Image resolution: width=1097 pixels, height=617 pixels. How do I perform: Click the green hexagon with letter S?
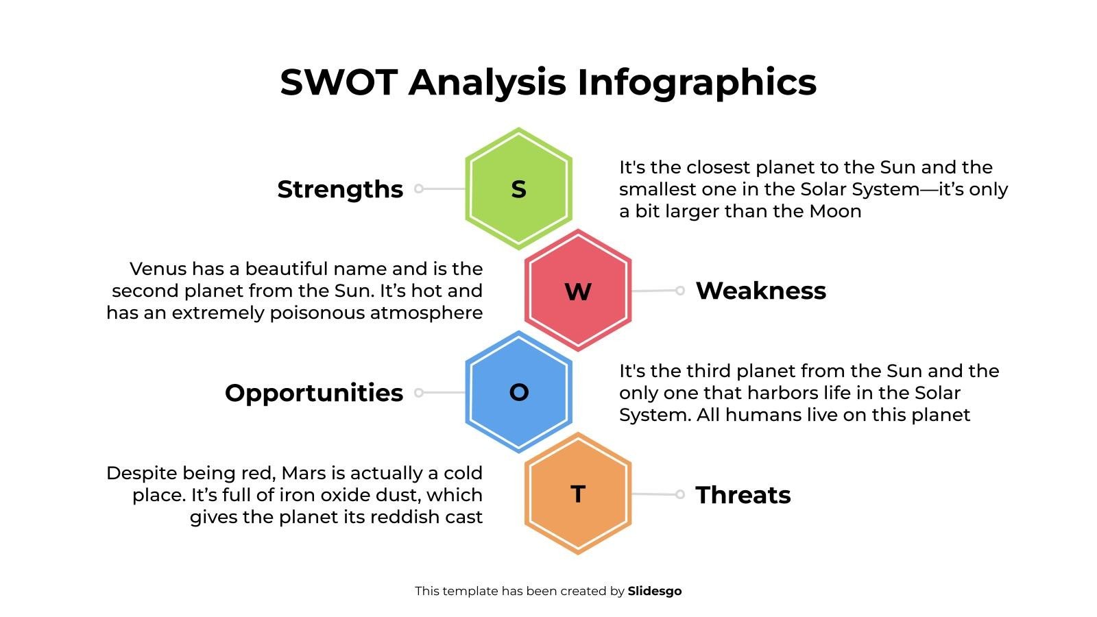pyautogui.click(x=518, y=189)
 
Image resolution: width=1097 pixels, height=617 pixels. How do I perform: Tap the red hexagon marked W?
pyautogui.click(x=578, y=291)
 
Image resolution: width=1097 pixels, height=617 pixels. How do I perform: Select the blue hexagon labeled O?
pyautogui.click(x=518, y=392)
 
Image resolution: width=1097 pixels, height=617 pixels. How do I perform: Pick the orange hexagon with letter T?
pyautogui.click(x=578, y=494)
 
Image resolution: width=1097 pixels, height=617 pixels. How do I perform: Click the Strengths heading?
pyautogui.click(x=340, y=189)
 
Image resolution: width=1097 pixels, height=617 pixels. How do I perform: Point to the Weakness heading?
pyautogui.click(x=760, y=291)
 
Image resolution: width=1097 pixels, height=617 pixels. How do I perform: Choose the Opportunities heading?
pyautogui.click(x=314, y=393)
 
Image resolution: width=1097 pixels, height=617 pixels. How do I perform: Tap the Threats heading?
pyautogui.click(x=743, y=495)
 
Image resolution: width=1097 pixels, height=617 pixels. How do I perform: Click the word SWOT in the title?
pyautogui.click(x=339, y=82)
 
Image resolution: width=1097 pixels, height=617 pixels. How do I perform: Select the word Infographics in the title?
pyautogui.click(x=697, y=82)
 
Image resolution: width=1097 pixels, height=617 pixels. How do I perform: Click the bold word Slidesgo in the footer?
pyautogui.click(x=655, y=591)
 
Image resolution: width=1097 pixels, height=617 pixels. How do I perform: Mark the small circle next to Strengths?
pyautogui.click(x=419, y=189)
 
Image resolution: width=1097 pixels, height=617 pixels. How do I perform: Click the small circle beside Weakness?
pyautogui.click(x=679, y=291)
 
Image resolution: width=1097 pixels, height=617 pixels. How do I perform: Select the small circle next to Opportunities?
pyautogui.click(x=419, y=393)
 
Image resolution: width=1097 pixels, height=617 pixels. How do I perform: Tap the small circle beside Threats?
pyautogui.click(x=679, y=494)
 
